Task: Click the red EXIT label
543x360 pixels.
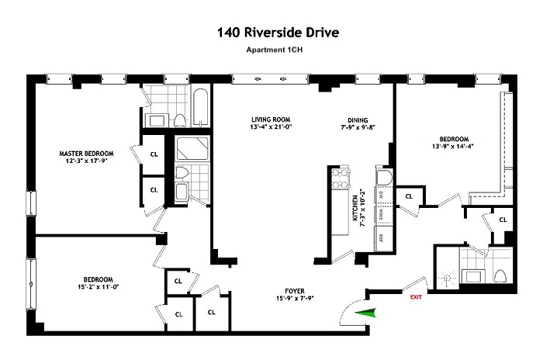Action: click(417, 296)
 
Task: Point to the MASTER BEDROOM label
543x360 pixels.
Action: click(87, 153)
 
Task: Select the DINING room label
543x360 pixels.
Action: click(357, 120)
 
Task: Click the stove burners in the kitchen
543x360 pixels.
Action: click(339, 182)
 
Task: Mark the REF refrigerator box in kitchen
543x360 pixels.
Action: click(381, 237)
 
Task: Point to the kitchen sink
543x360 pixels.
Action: click(382, 177)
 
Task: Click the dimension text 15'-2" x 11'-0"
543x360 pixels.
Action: click(99, 287)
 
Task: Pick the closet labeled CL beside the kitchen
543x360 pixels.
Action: click(408, 196)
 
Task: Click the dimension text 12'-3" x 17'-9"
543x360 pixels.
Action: click(87, 161)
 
